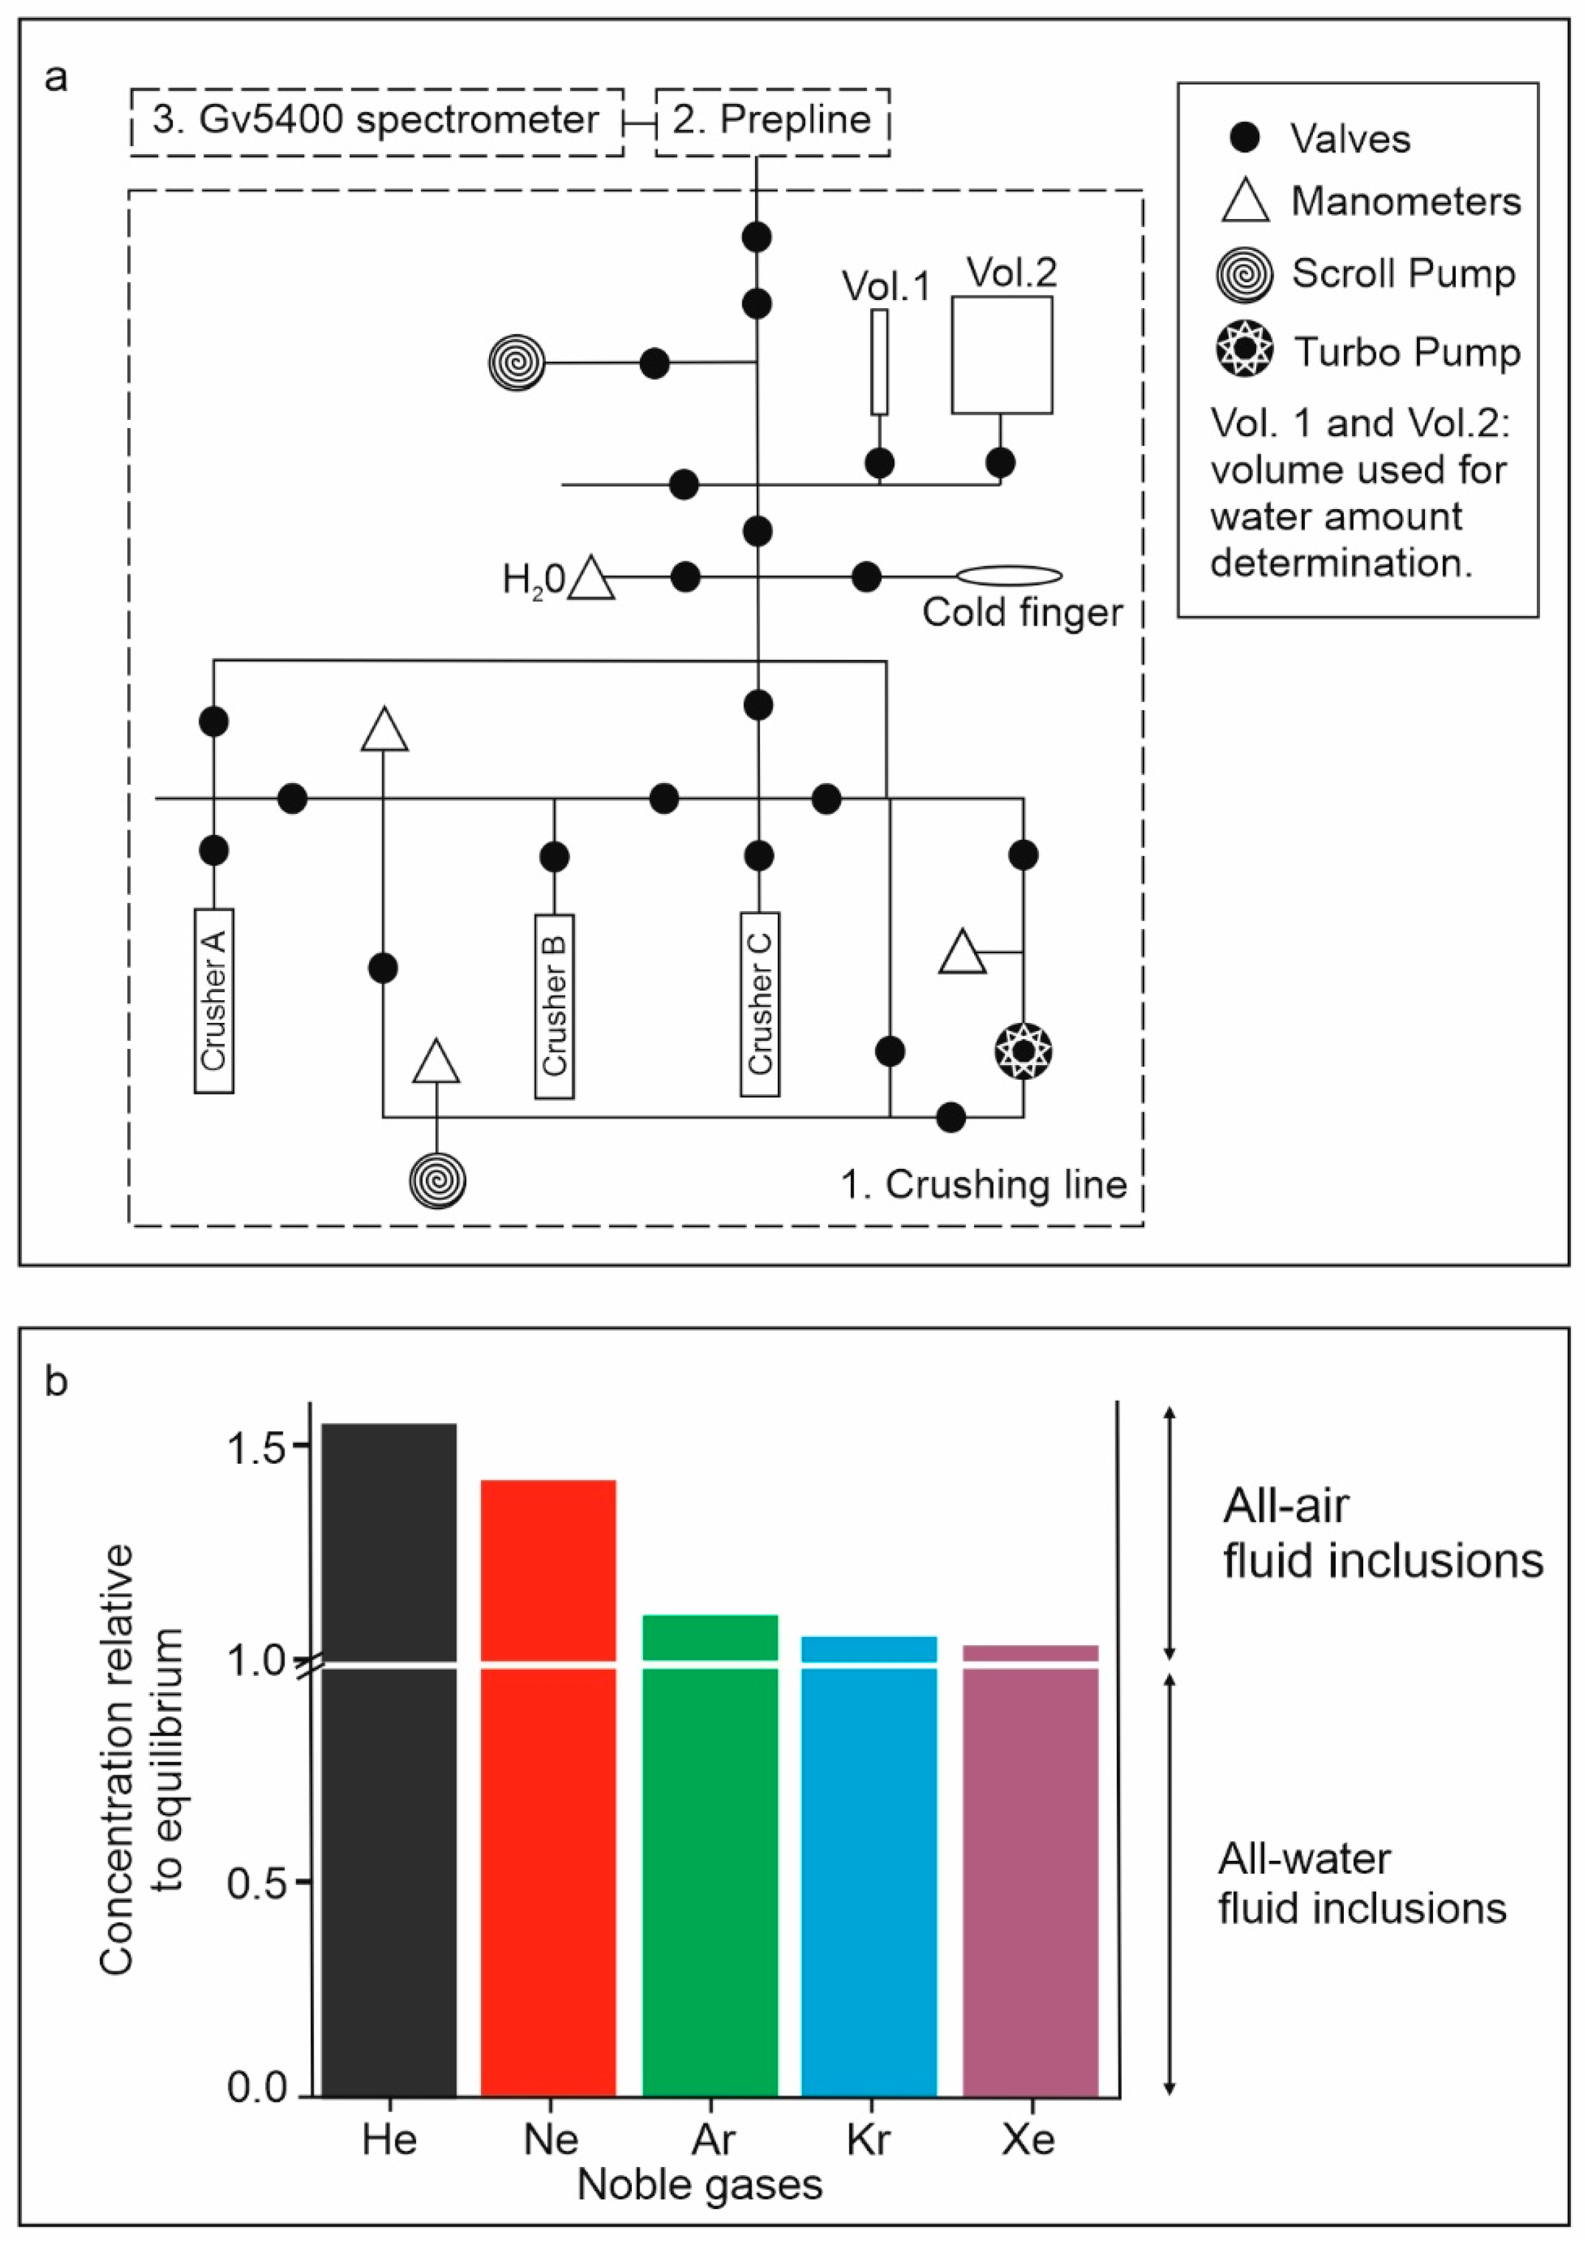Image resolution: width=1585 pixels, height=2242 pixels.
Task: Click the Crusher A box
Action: coord(214,1000)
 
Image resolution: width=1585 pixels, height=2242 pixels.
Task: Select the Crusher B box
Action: coord(554,1005)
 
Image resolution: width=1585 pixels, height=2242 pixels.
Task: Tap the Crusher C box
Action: coord(759,1004)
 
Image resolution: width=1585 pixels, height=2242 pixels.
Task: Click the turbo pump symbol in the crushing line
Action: coord(1022,1052)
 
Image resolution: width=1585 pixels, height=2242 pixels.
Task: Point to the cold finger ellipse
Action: coord(1009,576)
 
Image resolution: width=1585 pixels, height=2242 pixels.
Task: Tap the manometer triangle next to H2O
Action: coord(591,578)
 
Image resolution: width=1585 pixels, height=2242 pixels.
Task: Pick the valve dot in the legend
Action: coord(1244,139)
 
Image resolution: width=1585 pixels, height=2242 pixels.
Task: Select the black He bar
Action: coord(389,1758)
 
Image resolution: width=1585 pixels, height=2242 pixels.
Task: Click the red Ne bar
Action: coord(548,1787)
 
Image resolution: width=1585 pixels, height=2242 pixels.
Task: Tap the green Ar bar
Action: coord(710,1855)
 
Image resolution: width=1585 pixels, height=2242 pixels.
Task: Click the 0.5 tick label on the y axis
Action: coord(255,1882)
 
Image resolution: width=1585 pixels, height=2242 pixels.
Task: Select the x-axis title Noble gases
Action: coord(699,2184)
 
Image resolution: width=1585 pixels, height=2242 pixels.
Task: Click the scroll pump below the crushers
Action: coord(437,1180)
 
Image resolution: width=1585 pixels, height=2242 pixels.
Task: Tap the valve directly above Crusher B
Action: coord(554,857)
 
